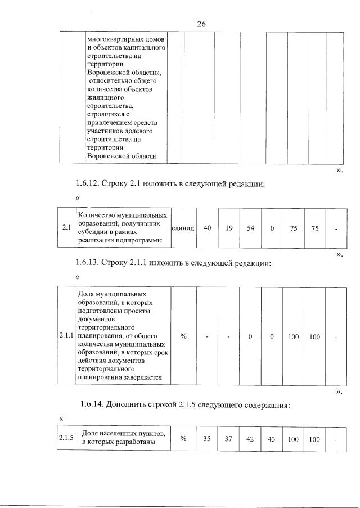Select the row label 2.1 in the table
point(66,228)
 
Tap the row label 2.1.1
point(66,336)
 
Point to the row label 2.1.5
point(66,439)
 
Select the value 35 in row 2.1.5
point(207,439)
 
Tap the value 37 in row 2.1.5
point(228,439)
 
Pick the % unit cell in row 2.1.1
point(183,336)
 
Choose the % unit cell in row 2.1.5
point(183,439)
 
